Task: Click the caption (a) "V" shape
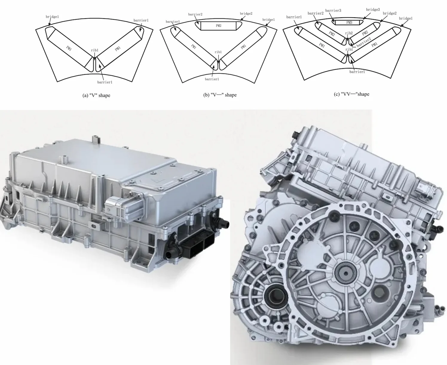point(96,95)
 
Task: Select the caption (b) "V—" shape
point(220,95)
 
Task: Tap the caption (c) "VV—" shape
point(351,94)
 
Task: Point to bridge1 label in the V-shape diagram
point(52,16)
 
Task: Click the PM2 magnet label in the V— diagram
point(218,26)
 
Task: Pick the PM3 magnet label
point(349,22)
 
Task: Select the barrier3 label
point(333,10)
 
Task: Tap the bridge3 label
point(373,10)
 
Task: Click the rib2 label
point(349,33)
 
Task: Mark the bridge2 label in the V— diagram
point(246,13)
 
